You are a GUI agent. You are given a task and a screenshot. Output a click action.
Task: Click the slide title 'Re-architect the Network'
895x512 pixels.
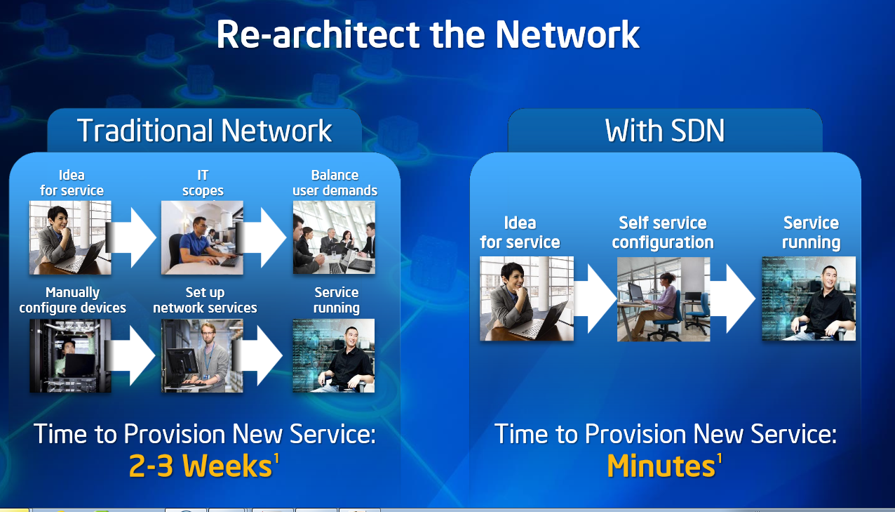tap(428, 35)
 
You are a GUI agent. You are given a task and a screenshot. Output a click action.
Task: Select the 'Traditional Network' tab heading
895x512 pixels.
tap(204, 131)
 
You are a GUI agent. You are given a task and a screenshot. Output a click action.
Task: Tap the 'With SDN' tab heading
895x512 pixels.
tap(664, 131)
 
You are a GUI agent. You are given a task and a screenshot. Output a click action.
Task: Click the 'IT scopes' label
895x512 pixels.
tap(203, 183)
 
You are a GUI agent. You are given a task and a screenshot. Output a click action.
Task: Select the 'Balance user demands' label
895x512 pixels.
tap(335, 183)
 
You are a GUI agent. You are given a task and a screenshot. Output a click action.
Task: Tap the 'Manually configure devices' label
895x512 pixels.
tap(73, 300)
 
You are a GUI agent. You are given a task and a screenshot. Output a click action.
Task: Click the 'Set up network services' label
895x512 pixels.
tap(205, 300)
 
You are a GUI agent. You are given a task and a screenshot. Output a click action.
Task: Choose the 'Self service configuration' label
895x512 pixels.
tap(663, 232)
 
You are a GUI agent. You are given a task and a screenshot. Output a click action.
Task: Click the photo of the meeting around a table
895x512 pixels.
tap(334, 237)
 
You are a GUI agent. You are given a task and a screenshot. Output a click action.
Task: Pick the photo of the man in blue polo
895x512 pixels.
tap(202, 237)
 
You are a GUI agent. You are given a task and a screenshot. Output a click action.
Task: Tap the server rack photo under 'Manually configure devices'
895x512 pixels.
tap(70, 355)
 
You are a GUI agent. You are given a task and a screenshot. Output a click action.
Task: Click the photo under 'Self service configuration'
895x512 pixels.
tap(664, 299)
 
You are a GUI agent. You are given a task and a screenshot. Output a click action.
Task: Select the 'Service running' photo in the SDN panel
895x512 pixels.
tap(809, 298)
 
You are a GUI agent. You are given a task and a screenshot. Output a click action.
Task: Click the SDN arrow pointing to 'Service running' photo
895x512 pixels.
tap(732, 298)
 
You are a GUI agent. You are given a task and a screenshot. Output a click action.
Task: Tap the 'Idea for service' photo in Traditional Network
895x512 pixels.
tap(70, 237)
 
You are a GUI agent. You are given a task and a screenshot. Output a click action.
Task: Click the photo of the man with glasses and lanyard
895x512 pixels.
tap(202, 355)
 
